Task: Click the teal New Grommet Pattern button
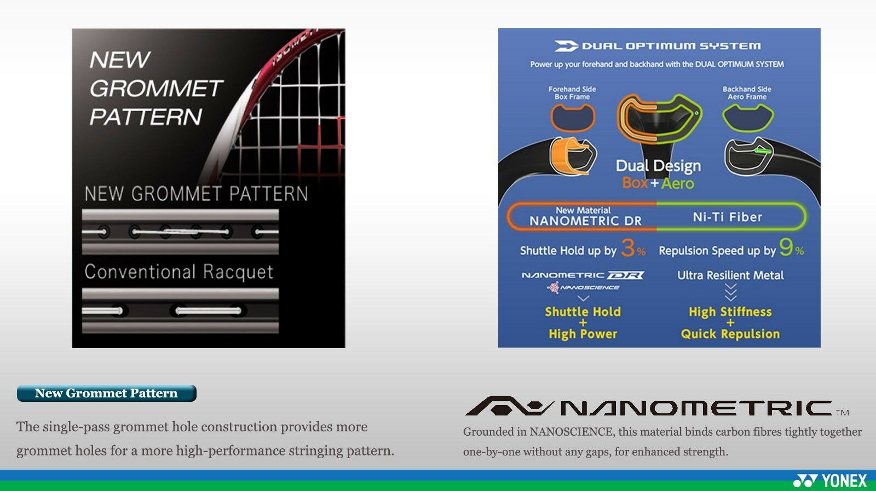tap(106, 393)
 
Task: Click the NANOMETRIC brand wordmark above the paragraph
tap(656, 407)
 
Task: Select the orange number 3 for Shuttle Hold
tap(627, 248)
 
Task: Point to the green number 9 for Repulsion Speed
tap(786, 247)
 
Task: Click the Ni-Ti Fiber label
tap(728, 217)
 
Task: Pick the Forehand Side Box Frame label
tap(572, 93)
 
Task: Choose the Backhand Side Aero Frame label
tap(747, 93)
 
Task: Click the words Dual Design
tap(658, 166)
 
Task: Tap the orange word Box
tap(635, 183)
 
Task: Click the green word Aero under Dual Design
tap(677, 183)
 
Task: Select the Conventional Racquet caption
tap(178, 272)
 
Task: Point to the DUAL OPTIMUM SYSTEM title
tap(671, 46)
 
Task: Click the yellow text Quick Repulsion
tap(730, 334)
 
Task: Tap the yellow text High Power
tap(583, 334)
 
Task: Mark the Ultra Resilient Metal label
tap(730, 275)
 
